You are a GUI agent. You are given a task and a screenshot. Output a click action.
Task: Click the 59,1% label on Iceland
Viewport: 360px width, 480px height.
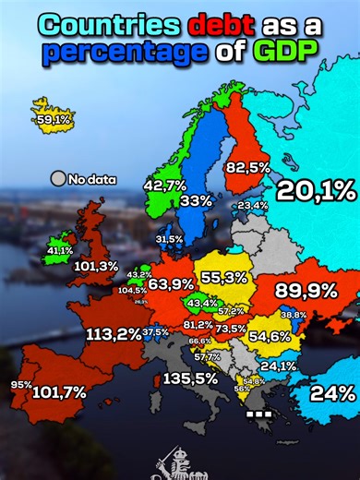[x=54, y=119]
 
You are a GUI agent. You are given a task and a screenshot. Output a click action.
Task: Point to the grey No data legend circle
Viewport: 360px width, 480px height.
[x=59, y=178]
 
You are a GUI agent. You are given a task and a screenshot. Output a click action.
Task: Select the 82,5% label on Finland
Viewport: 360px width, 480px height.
[x=247, y=167]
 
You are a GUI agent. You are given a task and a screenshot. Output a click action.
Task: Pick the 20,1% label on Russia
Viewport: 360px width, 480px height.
[x=316, y=191]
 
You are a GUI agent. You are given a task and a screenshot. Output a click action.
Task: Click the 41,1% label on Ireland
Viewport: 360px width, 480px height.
[x=60, y=250]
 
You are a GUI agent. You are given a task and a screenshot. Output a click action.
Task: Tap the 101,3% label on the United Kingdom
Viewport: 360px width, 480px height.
[x=96, y=267]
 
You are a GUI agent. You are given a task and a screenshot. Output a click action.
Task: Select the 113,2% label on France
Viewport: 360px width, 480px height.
[x=113, y=333]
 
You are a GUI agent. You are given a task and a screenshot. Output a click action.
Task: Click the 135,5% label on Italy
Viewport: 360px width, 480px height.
[x=190, y=378]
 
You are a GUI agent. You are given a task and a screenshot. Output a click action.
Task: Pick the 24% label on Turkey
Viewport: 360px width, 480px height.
[x=332, y=392]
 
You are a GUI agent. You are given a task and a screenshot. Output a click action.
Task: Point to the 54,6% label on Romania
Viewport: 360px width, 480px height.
[x=270, y=336]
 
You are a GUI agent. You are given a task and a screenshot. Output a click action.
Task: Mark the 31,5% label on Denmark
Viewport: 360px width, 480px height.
[x=169, y=239]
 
